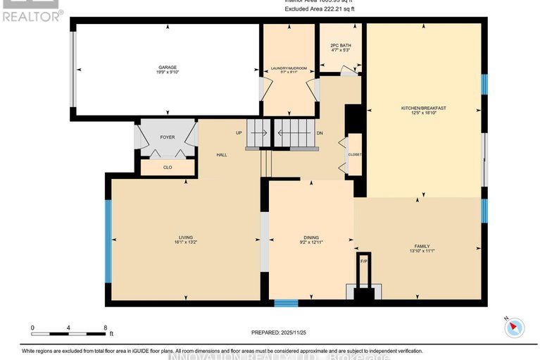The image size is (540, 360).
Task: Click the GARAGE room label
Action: tap(168, 68)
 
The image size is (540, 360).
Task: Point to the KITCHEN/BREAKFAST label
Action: tap(424, 108)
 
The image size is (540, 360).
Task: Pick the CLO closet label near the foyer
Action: tap(168, 168)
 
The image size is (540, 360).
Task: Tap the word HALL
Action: tap(221, 155)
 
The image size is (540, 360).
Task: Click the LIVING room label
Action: tap(185, 237)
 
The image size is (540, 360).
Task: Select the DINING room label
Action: tap(311, 237)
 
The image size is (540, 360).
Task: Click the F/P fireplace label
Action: tap(363, 261)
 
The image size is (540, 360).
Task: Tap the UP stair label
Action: tap(239, 133)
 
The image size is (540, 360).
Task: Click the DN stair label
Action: tap(319, 133)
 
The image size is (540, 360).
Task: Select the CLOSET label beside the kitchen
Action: tap(354, 154)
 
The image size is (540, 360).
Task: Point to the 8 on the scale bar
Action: tap(105, 328)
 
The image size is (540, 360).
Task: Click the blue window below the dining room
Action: tap(286, 304)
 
